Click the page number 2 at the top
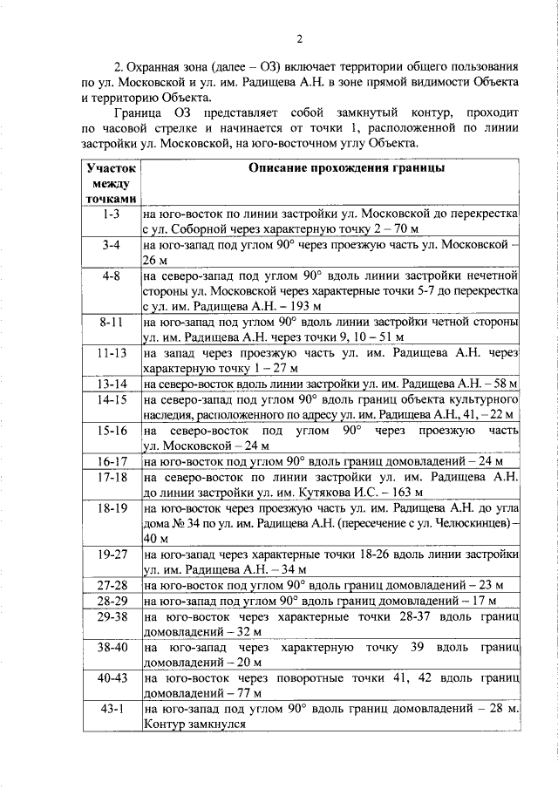click(x=298, y=37)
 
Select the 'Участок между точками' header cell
click(x=111, y=182)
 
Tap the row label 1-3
click(x=111, y=213)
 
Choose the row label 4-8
click(x=111, y=275)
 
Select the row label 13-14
click(x=111, y=384)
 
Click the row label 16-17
click(x=111, y=461)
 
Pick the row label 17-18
click(x=111, y=477)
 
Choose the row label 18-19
click(x=111, y=507)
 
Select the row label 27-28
click(x=111, y=585)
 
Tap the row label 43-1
click(x=111, y=710)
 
